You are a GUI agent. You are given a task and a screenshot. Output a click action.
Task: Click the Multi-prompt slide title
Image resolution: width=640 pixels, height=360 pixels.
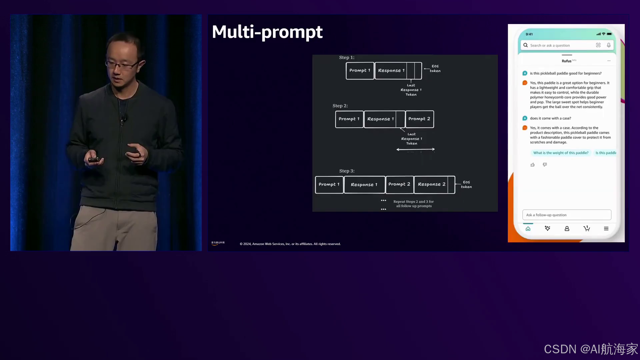point(267,32)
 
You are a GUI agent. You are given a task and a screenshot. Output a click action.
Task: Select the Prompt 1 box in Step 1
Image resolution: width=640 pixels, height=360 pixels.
point(360,71)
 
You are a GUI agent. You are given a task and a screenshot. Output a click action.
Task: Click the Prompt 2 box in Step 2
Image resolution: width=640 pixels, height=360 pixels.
point(419,119)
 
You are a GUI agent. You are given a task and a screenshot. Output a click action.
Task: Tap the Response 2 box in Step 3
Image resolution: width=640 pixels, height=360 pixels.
point(432,184)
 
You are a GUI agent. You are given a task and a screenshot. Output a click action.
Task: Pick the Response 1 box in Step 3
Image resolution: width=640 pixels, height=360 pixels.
point(364,185)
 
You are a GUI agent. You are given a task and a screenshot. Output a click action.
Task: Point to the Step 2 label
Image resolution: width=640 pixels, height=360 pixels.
point(340,106)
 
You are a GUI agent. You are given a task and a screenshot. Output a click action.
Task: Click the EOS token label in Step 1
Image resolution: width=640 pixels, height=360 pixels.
point(435,68)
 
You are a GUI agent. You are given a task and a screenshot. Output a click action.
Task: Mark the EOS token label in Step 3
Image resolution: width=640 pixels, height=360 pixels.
point(466,184)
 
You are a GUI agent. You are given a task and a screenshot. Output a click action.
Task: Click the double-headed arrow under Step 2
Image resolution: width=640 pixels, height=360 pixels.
point(415,149)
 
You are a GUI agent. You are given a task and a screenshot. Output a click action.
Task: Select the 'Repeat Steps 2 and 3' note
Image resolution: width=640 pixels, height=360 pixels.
point(414,204)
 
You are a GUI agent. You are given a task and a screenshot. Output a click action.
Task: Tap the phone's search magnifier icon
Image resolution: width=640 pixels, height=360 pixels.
point(526,45)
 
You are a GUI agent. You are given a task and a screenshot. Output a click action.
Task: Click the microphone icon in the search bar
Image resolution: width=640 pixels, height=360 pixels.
point(609,45)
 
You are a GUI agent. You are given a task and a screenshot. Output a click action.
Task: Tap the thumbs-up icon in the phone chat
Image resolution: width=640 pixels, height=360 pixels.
point(533,165)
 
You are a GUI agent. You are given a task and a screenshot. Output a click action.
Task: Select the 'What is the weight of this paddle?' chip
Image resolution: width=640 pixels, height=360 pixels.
point(561,153)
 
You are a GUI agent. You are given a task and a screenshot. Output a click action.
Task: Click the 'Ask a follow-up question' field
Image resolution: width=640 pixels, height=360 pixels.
point(567,215)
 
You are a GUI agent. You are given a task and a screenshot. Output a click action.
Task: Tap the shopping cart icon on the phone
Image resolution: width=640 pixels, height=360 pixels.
point(587,229)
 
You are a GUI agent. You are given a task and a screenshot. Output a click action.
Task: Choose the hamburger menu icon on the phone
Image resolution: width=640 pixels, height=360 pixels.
point(606,229)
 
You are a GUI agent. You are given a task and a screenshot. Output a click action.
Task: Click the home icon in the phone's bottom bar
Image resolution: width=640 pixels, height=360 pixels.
point(528,229)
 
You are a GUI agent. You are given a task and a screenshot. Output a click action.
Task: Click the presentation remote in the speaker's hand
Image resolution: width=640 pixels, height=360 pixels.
point(93,160)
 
